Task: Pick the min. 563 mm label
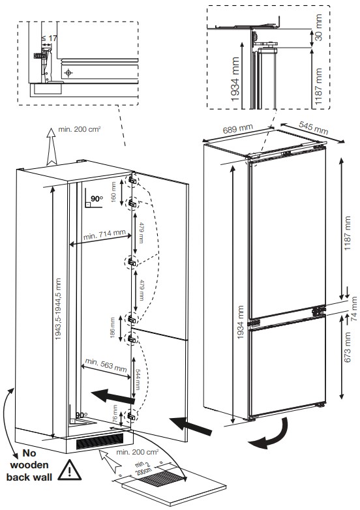tap(106, 364)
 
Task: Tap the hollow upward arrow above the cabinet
tap(50, 146)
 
